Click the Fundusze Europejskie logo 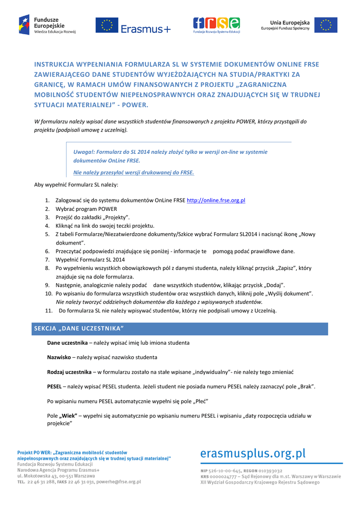47,25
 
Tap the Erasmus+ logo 133,25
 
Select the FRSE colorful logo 216,25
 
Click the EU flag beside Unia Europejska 326,25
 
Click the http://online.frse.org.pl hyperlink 216,200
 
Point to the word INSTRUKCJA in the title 54,64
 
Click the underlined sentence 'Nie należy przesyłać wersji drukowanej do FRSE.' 134,173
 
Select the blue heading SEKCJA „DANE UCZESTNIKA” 78,329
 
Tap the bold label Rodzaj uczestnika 69,372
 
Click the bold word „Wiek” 69,416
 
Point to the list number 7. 47,259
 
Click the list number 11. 49,311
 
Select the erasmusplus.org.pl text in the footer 253,453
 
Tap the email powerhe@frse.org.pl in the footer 119,481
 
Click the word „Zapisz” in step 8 287,268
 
